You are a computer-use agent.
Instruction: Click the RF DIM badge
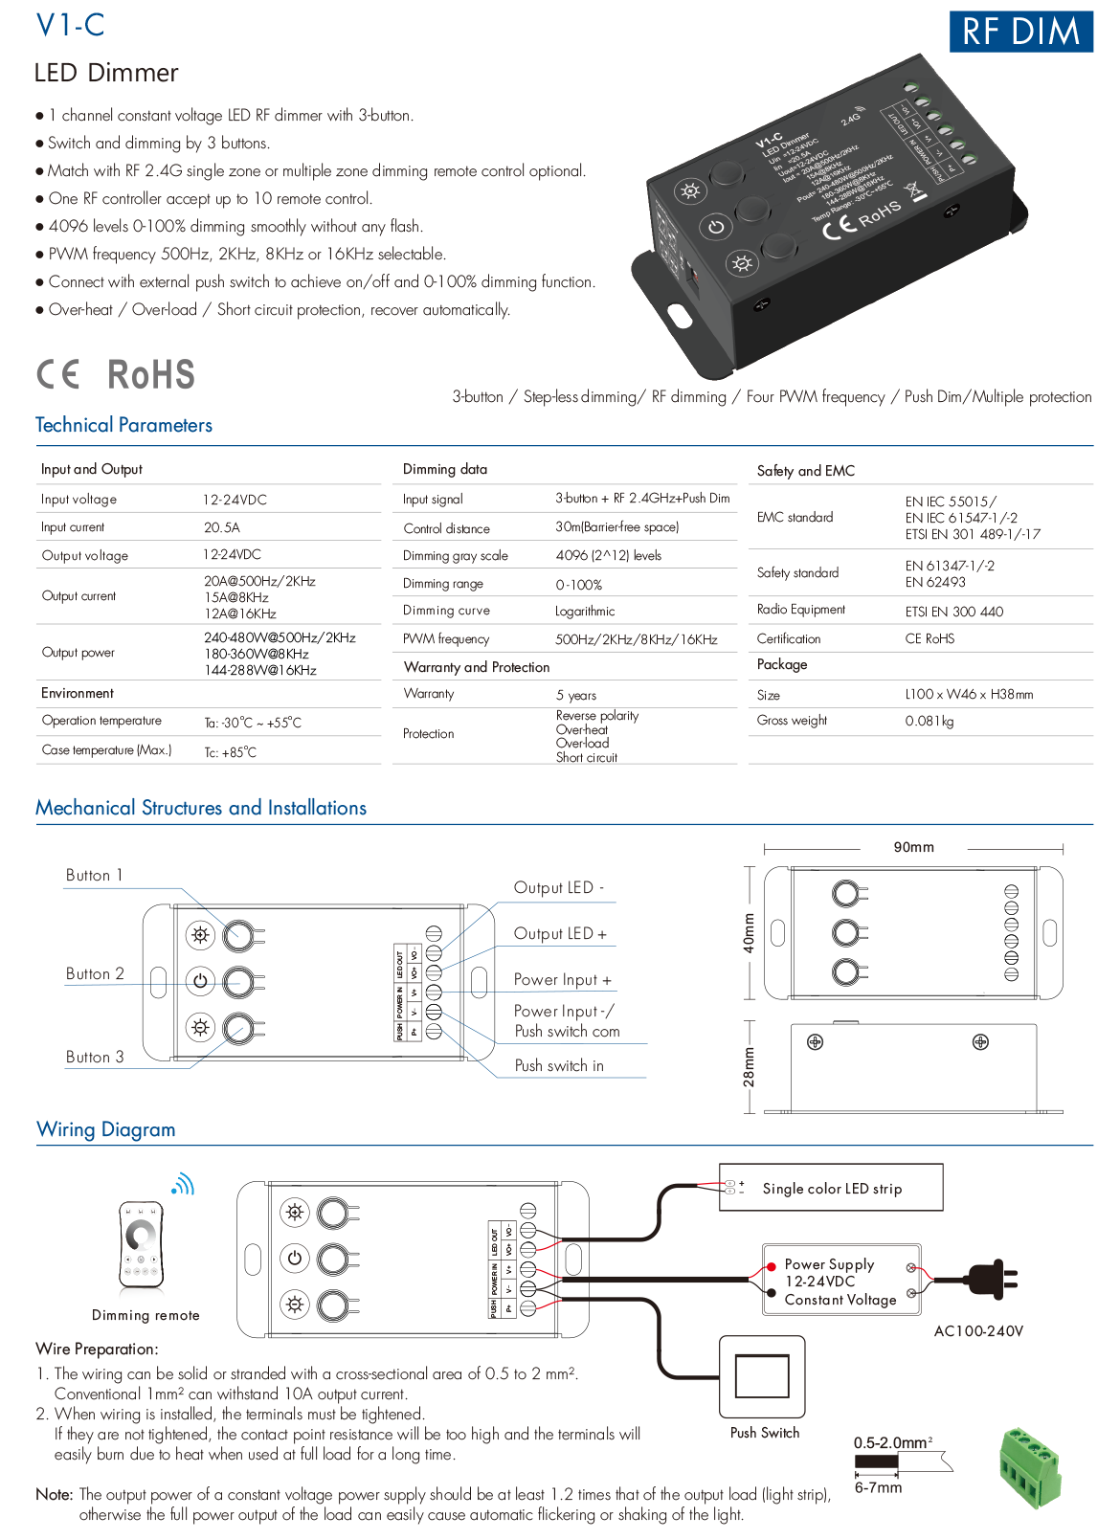pos(1020,32)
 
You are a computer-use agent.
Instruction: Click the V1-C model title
pos(70,25)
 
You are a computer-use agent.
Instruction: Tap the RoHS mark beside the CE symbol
pos(151,374)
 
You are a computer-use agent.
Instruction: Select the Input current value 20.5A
pos(221,527)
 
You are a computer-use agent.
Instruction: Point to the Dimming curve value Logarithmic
pos(585,611)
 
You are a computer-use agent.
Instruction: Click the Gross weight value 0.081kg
pos(929,721)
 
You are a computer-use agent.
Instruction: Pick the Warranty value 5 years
pos(576,695)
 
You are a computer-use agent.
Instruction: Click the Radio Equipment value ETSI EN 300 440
pos(953,611)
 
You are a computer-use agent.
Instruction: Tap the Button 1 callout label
pos(94,875)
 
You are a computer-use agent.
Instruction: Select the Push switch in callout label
pos(559,1065)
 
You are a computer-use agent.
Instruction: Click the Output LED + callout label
pos(560,933)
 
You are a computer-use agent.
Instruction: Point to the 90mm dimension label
pos(913,847)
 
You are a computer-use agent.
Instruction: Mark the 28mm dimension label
pos(749,1066)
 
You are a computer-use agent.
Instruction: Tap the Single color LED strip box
pos(831,1188)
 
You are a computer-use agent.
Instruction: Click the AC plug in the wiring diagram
pos(990,1279)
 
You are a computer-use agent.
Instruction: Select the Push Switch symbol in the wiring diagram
pos(762,1377)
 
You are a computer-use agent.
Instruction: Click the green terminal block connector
pos(1030,1465)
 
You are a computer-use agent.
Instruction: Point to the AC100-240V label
pos(978,1330)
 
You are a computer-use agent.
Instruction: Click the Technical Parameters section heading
pos(123,425)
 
